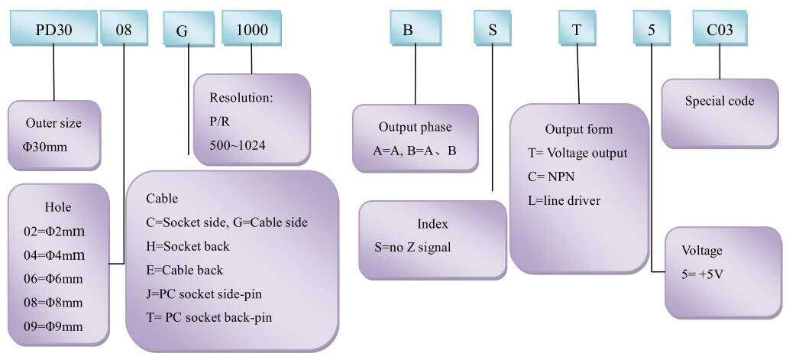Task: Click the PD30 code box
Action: [x=53, y=28]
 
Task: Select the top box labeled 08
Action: [x=124, y=28]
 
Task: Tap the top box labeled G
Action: [x=188, y=30]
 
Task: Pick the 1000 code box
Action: [x=252, y=28]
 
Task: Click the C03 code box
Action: [x=720, y=28]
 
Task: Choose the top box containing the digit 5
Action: [x=652, y=28]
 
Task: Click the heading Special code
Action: [x=719, y=101]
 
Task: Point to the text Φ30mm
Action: [x=45, y=148]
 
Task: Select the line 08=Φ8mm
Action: [x=53, y=303]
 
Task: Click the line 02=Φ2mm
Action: [x=54, y=232]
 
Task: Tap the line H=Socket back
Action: [x=187, y=246]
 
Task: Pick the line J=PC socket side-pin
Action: [x=204, y=294]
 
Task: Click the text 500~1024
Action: [x=238, y=145]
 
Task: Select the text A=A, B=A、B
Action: [x=415, y=151]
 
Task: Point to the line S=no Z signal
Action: [x=412, y=248]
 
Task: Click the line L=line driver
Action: [x=564, y=200]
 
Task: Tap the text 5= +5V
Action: [x=703, y=274]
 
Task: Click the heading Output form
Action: [x=579, y=129]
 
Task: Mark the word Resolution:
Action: [x=241, y=97]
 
